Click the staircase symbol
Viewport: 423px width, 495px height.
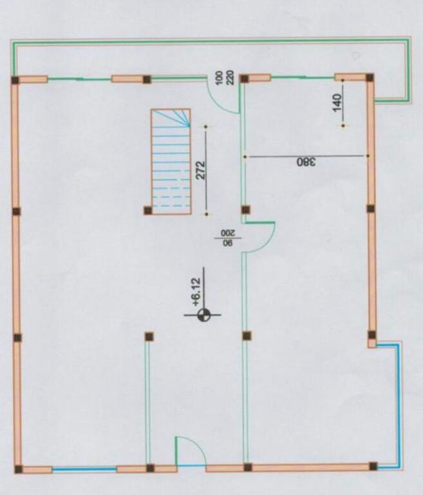pos(171,162)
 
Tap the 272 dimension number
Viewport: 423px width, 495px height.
pos(201,170)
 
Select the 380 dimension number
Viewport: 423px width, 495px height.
pos(306,162)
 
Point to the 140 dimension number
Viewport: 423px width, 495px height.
pos(337,102)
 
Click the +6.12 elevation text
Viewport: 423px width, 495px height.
pos(196,292)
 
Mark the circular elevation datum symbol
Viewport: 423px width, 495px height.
pos(203,315)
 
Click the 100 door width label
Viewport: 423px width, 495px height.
pos(219,78)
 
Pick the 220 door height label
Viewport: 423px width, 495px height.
pos(230,78)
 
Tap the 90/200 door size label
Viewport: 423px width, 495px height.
pos(228,238)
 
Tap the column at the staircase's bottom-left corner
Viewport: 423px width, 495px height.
pos(147,210)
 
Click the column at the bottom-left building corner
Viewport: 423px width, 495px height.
pos(19,469)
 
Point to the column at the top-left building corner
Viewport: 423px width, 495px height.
pos(15,80)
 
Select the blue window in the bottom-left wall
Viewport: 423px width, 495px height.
pos(84,469)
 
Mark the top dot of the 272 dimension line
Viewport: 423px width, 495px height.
pos(205,127)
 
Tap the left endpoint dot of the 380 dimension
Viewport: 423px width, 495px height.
pos(245,156)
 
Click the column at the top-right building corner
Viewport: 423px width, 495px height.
pos(370,77)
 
